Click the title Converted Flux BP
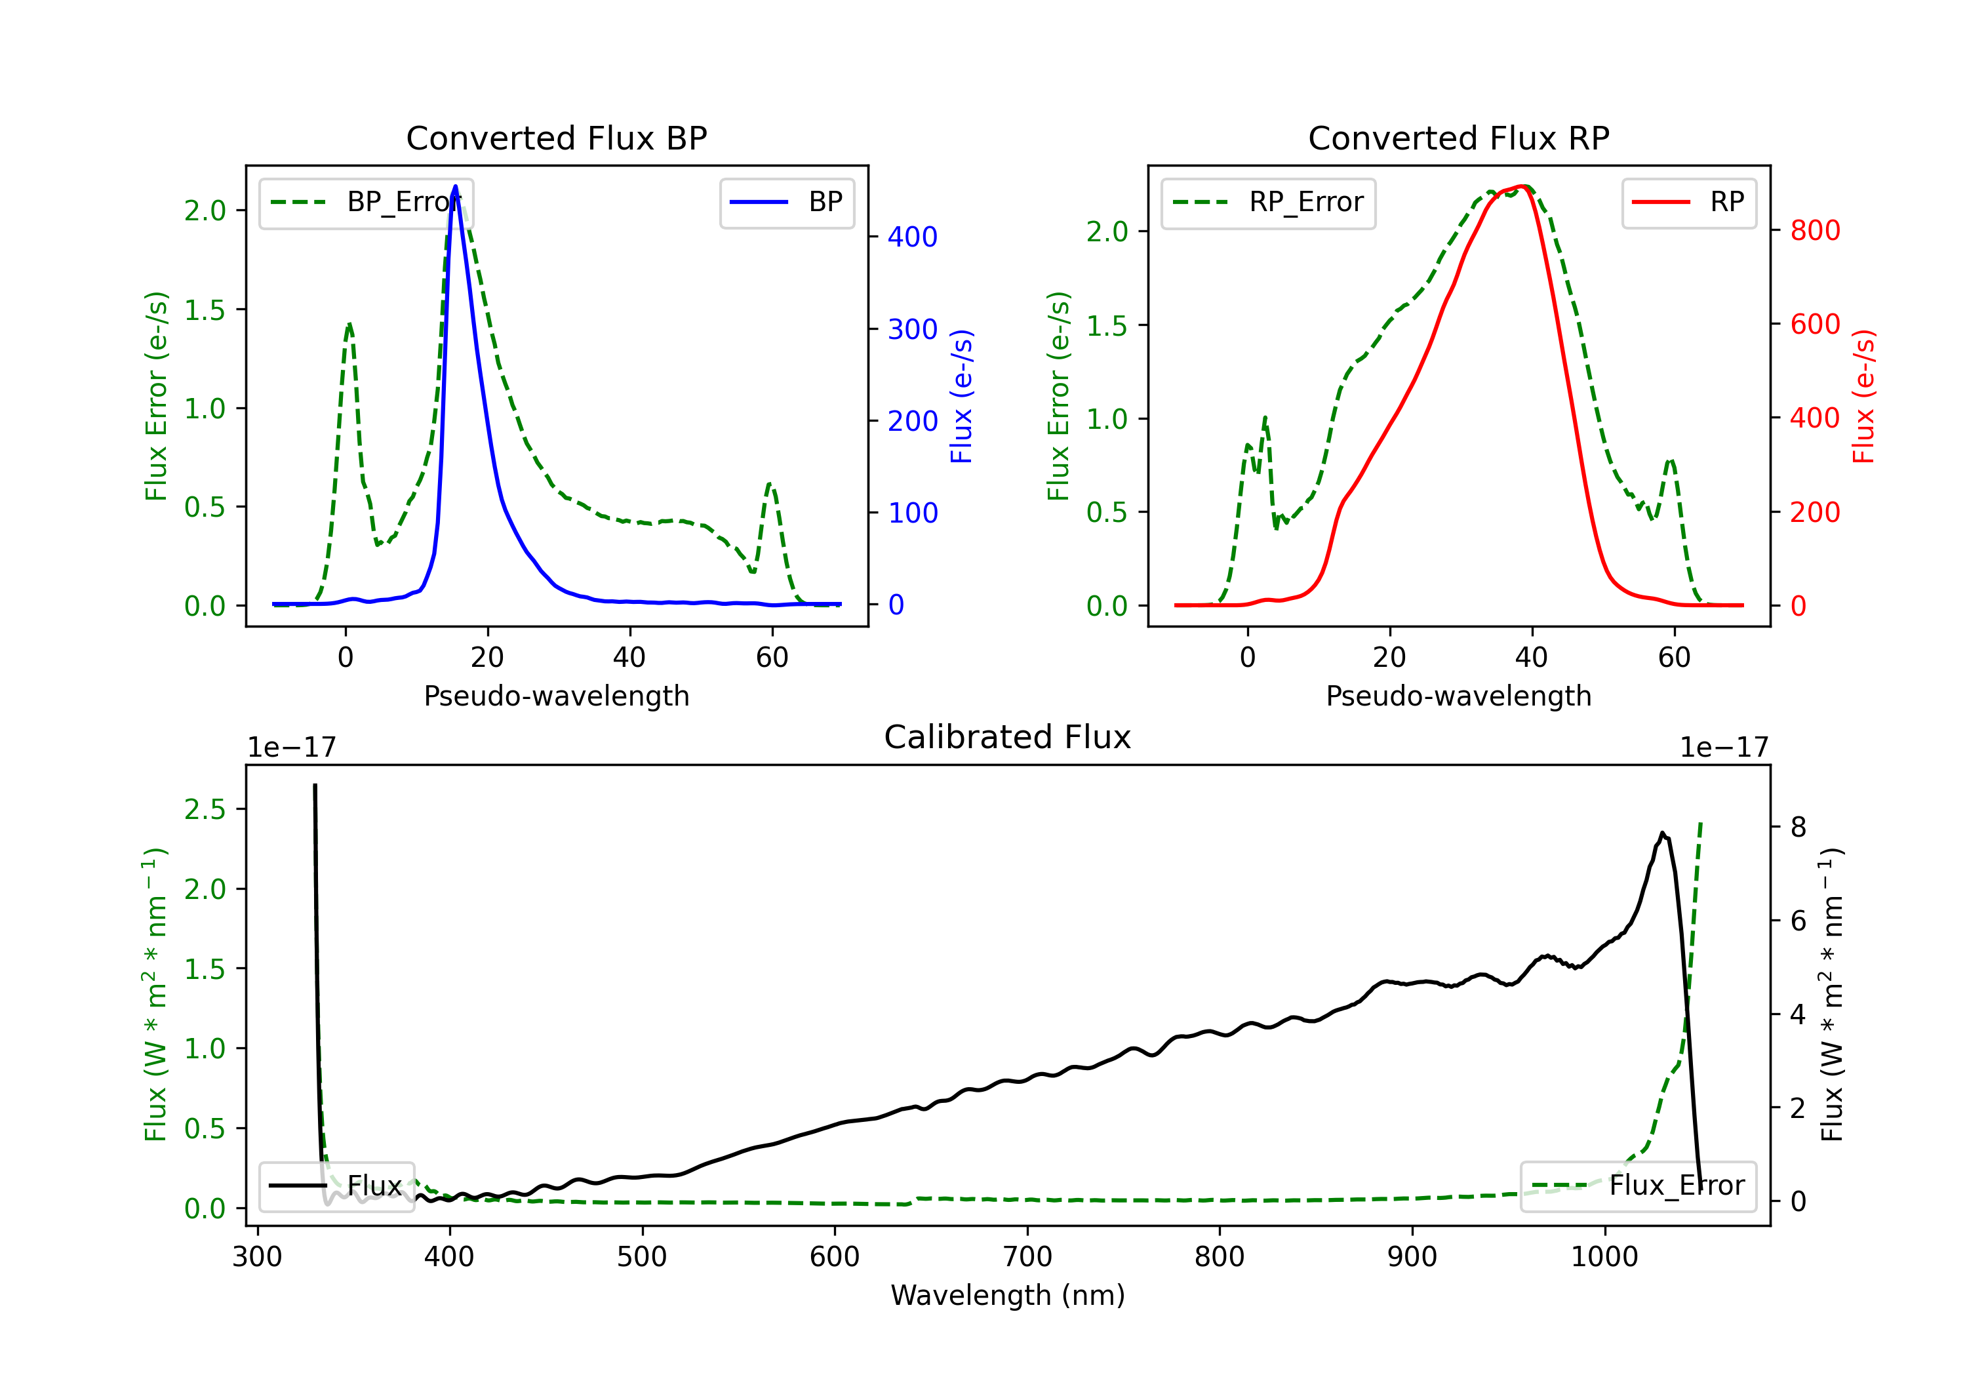point(556,138)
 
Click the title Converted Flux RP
point(1458,138)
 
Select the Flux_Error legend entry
point(1638,1186)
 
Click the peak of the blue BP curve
point(455,186)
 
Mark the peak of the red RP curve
point(1523,186)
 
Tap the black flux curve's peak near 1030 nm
point(1662,833)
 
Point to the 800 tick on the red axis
point(1814,231)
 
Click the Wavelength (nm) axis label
point(1008,1295)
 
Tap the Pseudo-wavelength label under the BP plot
point(556,696)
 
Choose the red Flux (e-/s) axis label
point(1863,396)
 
